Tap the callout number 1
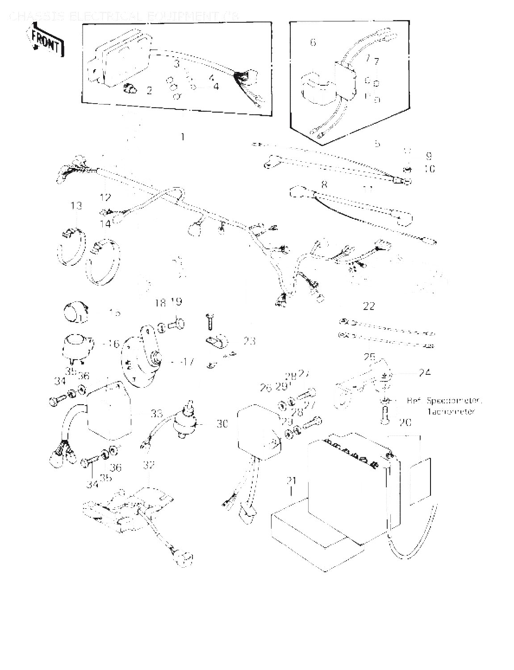tap(182, 137)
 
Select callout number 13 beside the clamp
tap(76, 205)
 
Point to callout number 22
tap(368, 306)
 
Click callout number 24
tap(425, 372)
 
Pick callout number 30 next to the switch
tap(222, 423)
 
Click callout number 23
tap(249, 341)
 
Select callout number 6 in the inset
tap(313, 42)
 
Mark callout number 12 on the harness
tap(105, 197)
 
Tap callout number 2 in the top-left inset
tap(149, 91)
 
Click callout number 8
tap(324, 184)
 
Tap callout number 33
tap(156, 414)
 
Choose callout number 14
tap(105, 224)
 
